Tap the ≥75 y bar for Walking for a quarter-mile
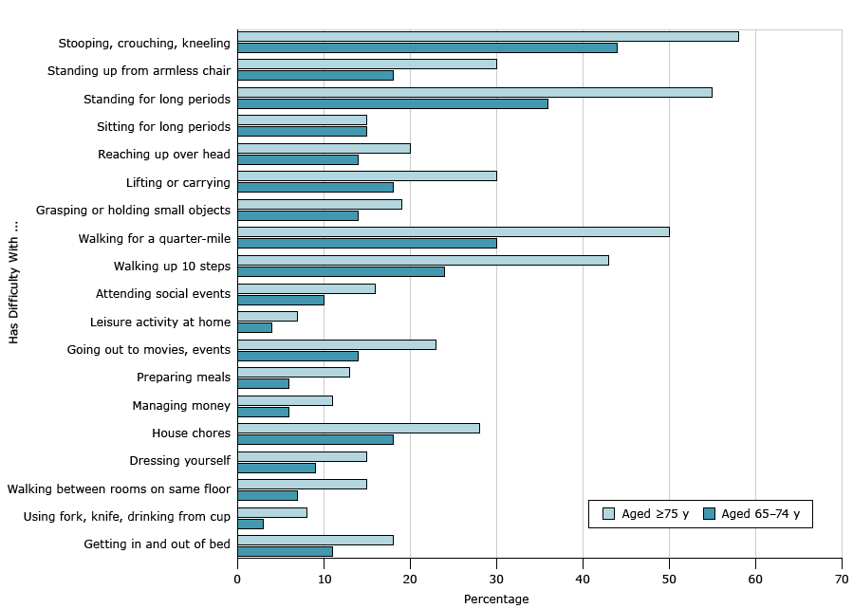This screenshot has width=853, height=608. [453, 231]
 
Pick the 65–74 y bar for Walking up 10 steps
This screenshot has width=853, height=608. [341, 271]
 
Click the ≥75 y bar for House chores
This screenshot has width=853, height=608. [358, 428]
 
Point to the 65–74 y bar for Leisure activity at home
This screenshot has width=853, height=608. [254, 327]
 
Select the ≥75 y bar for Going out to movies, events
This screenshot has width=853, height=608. [336, 344]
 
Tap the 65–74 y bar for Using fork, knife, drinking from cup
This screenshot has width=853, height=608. [250, 524]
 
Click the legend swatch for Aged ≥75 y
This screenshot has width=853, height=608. [608, 514]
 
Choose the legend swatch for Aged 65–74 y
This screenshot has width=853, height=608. [709, 514]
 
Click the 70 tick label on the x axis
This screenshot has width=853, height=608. [841, 577]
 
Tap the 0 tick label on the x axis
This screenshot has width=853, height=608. [237, 577]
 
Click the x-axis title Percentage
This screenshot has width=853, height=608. [495, 599]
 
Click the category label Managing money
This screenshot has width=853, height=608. [181, 405]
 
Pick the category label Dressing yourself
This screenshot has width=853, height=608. [179, 460]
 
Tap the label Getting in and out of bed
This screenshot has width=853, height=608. [157, 544]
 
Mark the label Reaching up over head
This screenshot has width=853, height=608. [164, 154]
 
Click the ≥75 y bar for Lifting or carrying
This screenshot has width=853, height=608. [366, 175]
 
